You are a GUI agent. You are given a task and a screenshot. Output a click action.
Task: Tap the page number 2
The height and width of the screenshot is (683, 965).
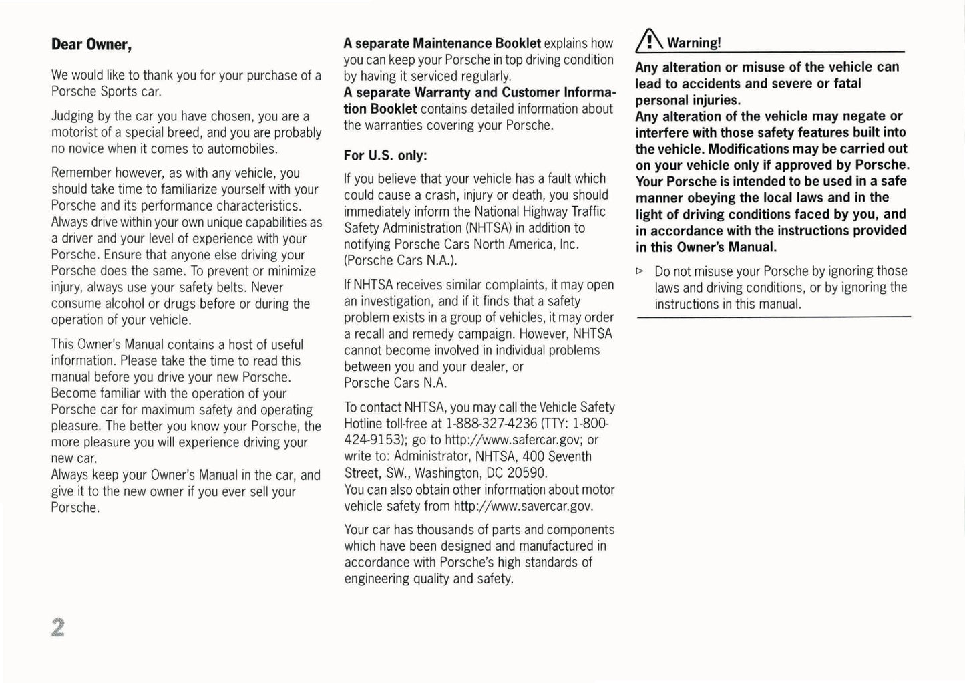[x=57, y=627]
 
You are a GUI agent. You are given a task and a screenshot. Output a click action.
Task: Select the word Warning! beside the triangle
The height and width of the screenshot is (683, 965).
[x=694, y=43]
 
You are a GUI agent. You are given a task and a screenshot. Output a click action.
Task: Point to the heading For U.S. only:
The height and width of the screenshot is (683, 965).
[x=385, y=155]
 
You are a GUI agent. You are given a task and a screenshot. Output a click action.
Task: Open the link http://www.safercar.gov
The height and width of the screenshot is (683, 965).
[x=514, y=440]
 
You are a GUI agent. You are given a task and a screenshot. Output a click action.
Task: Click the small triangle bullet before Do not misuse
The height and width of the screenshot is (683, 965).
[x=640, y=271]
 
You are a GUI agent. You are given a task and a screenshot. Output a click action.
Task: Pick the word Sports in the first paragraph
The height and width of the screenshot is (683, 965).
[x=116, y=92]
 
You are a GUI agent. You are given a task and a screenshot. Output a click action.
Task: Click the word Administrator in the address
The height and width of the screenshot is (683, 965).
[x=431, y=456]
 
